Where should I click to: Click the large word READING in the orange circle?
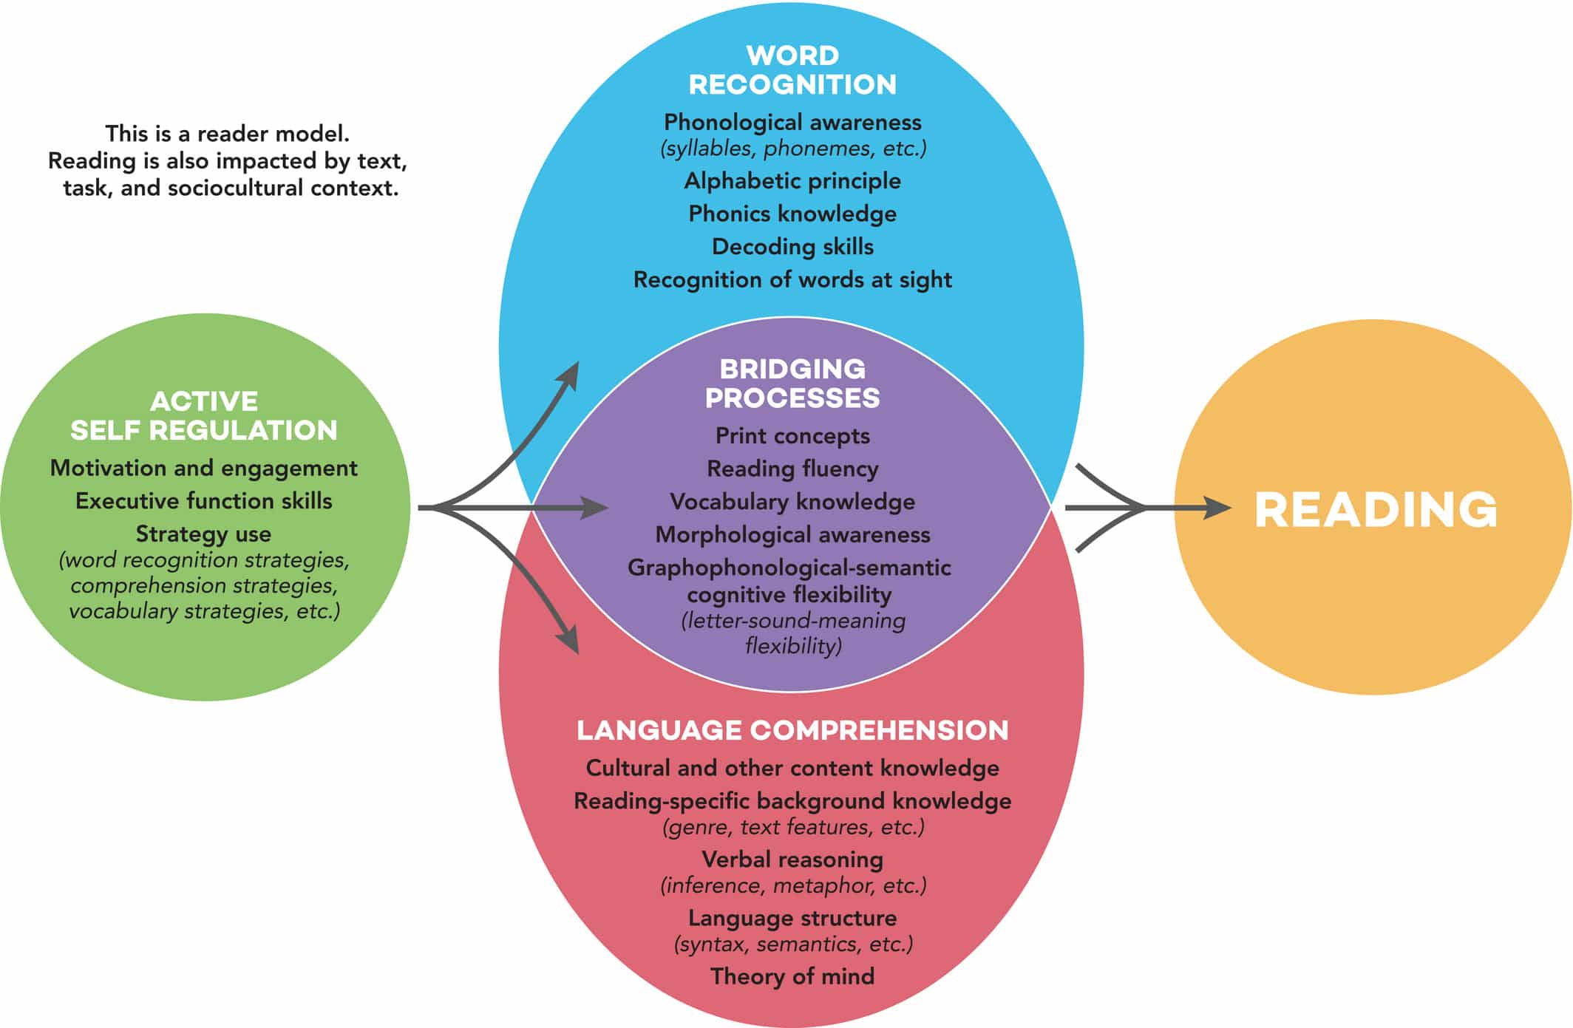coord(1376,510)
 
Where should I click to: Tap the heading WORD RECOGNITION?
coord(792,70)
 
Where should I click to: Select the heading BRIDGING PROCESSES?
coord(792,384)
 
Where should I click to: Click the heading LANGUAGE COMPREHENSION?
coord(792,730)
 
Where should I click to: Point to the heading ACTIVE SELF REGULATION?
coord(204,416)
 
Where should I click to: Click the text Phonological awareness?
coord(792,122)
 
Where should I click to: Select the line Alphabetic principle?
coord(792,181)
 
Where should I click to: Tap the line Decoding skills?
coord(792,247)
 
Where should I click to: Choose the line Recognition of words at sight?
coord(792,280)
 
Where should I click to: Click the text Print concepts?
coord(792,436)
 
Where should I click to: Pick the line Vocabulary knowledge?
coord(792,502)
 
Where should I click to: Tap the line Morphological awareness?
coord(792,535)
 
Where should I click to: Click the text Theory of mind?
coord(792,977)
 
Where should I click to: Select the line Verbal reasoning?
coord(792,859)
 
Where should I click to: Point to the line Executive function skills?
coord(204,501)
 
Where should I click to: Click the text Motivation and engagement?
coord(204,469)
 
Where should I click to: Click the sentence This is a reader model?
coord(227,134)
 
